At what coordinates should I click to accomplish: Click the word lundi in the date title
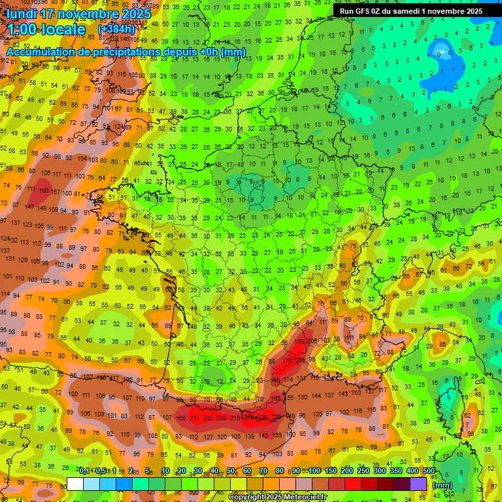pyautogui.click(x=24, y=14)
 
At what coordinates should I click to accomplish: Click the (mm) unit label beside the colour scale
pyautogui.click(x=443, y=485)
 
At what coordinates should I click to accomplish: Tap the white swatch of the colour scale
pyautogui.click(x=75, y=484)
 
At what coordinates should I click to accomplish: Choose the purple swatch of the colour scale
pyautogui.click(x=418, y=484)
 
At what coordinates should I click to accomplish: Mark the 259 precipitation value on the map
pyautogui.click(x=300, y=360)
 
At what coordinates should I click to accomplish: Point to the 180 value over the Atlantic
pyautogui.click(x=44, y=191)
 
